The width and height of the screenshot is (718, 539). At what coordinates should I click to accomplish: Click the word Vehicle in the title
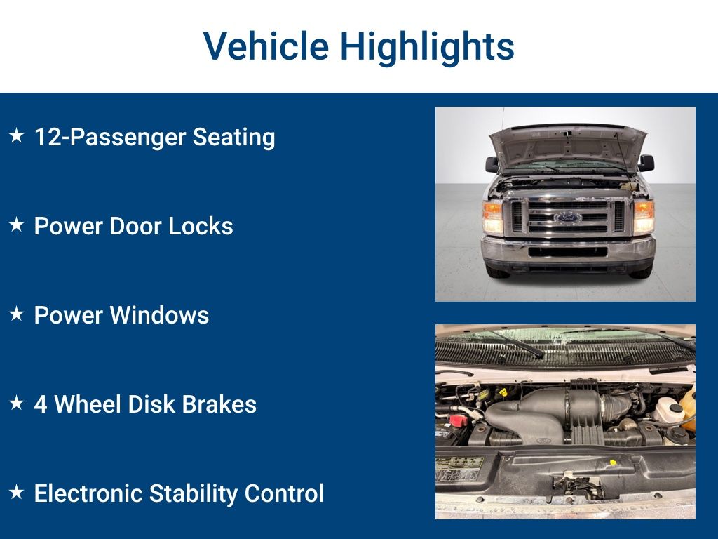tap(266, 46)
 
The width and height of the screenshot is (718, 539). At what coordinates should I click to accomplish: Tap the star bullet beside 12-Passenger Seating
tap(17, 135)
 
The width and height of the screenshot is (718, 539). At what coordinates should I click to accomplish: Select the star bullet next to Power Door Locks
tap(17, 225)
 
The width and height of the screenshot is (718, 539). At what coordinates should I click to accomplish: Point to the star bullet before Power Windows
tap(17, 314)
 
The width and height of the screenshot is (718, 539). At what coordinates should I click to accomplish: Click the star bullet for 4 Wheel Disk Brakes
tap(17, 402)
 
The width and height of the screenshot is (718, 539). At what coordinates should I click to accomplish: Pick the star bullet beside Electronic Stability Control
tap(17, 492)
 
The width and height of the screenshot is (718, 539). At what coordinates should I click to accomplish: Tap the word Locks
tap(201, 226)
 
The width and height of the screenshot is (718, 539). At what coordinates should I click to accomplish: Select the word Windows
tap(159, 315)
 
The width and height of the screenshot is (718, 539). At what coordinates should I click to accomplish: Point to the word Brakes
tap(219, 404)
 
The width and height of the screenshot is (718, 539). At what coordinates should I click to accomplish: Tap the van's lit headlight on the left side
tap(493, 218)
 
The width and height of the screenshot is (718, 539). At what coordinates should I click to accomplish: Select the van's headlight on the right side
tap(644, 218)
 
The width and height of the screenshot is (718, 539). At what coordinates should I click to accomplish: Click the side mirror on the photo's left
tap(492, 164)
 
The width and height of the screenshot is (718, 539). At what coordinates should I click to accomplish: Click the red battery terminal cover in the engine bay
tap(458, 420)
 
